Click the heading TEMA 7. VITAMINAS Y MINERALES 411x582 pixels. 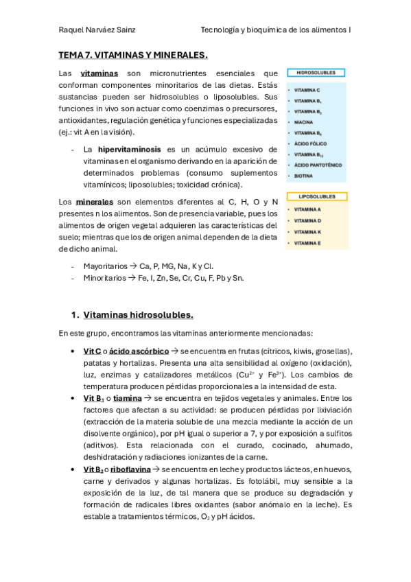pyautogui.click(x=133, y=54)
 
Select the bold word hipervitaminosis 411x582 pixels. pyautogui.click(x=129, y=148)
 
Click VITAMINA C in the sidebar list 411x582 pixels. pyautogui.click(x=307, y=90)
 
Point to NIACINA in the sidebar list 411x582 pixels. pyautogui.click(x=304, y=122)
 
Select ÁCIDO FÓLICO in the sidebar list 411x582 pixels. pyautogui.click(x=309, y=143)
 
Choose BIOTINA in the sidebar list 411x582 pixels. pyautogui.click(x=303, y=176)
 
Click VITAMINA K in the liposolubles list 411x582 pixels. pyautogui.click(x=307, y=232)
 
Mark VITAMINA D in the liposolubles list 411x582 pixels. pyautogui.click(x=307, y=221)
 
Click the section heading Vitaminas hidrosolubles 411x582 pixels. pyautogui.click(x=138, y=315)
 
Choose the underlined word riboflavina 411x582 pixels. pyautogui.click(x=131, y=469)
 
